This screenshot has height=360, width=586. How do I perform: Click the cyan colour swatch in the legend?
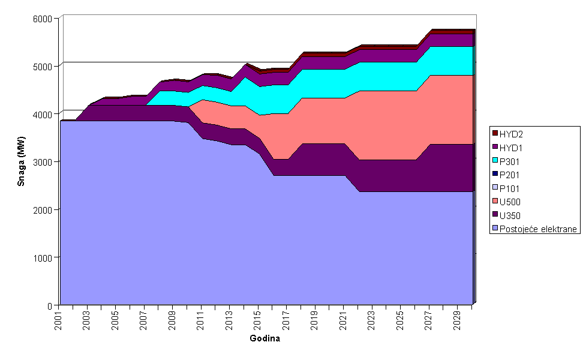(x=495, y=160)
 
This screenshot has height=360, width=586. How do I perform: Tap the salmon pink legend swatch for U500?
(x=495, y=202)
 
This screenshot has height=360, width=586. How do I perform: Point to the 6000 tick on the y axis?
(x=43, y=18)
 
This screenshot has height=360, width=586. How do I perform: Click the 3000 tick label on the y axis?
(x=43, y=162)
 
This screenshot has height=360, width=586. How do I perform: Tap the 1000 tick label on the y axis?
(x=43, y=257)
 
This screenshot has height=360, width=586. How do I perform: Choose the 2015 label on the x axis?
(x=259, y=318)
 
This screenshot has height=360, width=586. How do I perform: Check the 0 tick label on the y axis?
(x=50, y=305)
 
